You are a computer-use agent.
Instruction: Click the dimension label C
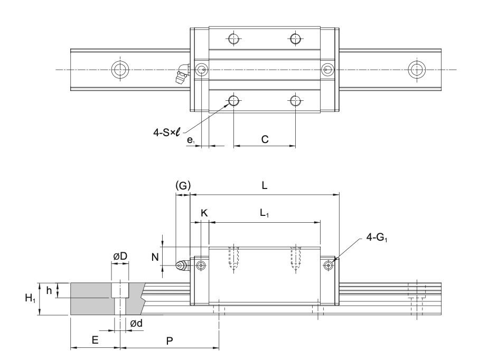[265, 140]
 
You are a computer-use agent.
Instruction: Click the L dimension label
[264, 185]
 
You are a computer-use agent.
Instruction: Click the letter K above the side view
[204, 213]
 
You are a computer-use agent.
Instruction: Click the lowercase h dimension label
[49, 290]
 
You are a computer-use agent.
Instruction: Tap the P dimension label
[169, 340]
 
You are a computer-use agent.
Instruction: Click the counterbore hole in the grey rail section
[120, 291]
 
